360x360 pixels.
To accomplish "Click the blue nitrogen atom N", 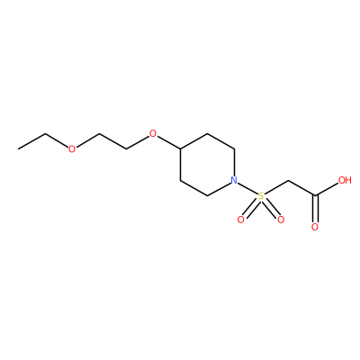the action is (234, 180).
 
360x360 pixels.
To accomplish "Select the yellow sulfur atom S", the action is (261, 196).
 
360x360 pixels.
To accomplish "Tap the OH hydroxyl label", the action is (345, 180).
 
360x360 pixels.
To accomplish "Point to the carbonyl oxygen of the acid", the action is (315, 227).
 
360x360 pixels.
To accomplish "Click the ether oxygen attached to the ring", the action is (153, 133).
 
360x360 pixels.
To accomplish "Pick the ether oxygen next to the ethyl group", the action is (72, 148).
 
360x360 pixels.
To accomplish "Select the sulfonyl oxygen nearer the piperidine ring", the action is (240, 220).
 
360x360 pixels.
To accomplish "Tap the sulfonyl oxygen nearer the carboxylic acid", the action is (281, 220).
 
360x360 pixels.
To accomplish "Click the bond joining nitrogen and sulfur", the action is (247, 188).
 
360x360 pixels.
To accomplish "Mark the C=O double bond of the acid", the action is (315, 209).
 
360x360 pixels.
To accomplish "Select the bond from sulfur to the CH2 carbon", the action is (276, 188).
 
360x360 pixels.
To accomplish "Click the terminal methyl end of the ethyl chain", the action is (18, 148).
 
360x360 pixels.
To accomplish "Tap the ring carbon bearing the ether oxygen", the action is (180, 148).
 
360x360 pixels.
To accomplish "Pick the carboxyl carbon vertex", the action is (315, 196).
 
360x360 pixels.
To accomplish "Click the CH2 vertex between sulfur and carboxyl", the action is (288, 181).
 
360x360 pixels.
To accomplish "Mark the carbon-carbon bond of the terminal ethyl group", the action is (31, 141).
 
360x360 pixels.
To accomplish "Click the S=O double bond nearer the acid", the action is (272, 209).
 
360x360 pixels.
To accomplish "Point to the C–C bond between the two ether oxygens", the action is (112, 141).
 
